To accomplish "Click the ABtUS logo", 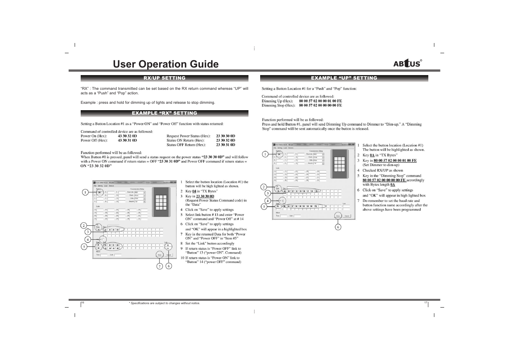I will pos(407,63).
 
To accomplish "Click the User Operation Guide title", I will pos(166,64).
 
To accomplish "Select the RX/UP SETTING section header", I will pos(164,78).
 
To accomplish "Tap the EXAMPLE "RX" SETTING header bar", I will pos(164,113).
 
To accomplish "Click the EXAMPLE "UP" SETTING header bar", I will pos(344,78).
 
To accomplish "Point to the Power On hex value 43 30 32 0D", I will pos(127,136).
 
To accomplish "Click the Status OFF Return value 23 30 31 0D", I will pos(225,145).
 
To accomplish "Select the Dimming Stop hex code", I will pos(320,106).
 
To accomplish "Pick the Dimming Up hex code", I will pos(320,101).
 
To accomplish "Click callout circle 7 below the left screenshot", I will pos(160,266).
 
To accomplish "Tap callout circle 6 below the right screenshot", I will pos(338,227).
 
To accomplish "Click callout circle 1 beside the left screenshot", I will pos(85,192).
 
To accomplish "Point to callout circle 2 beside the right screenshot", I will pos(264,187).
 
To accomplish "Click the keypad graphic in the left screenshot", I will pos(161,203).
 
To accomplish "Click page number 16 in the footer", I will pos(83,303).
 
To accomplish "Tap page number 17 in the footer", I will pos(425,303).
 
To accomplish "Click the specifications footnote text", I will pos(164,303).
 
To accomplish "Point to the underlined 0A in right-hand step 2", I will pos(372,155).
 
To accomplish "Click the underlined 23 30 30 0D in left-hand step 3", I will pos(205,196).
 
